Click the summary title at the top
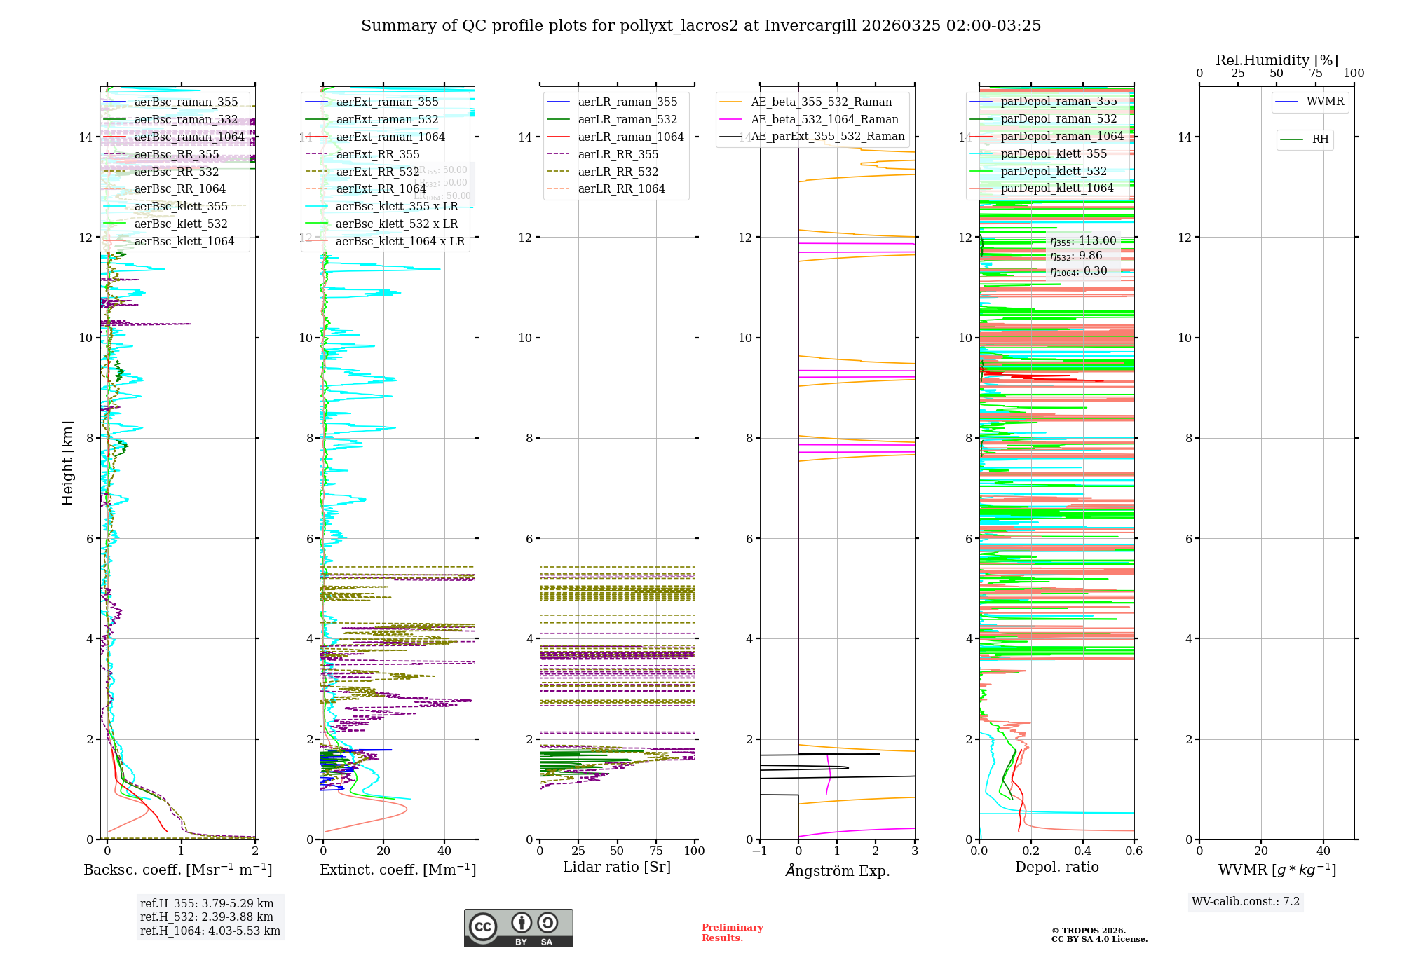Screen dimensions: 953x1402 701,26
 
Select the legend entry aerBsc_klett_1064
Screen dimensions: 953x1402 184,241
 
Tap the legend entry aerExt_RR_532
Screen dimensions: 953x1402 377,172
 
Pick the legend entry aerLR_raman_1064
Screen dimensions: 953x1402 630,137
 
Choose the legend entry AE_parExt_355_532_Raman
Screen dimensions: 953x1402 827,137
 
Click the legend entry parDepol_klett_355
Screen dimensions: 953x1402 1054,153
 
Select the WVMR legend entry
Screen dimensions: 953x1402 1325,102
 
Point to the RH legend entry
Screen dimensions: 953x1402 1320,139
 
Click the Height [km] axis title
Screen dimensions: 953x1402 67,463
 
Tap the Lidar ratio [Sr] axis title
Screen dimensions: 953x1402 617,867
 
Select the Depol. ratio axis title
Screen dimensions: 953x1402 1056,867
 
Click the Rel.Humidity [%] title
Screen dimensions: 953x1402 1277,60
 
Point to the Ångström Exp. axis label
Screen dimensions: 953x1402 838,870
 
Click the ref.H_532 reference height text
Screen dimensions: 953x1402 207,917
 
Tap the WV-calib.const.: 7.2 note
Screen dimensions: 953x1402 1246,901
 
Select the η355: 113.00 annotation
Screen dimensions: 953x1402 1083,241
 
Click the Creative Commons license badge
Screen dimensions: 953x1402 518,928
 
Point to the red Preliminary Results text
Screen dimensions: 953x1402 732,933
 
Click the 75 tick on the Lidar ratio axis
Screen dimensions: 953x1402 656,851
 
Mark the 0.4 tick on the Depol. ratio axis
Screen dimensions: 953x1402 1082,851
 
